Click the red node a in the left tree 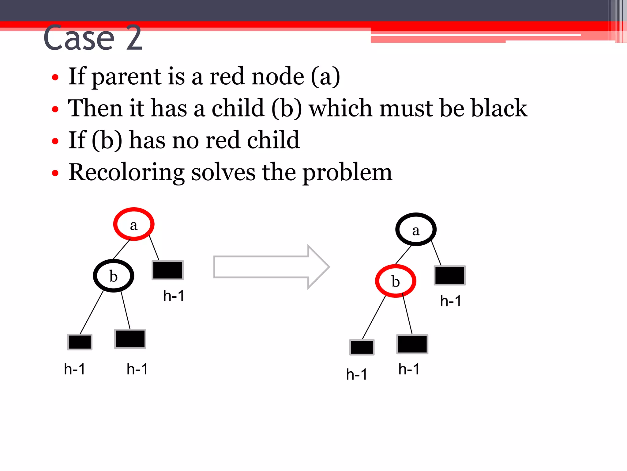[134, 224]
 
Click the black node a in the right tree [416, 229]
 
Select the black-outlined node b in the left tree [114, 276]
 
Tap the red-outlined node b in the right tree [396, 281]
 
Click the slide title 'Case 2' [93, 38]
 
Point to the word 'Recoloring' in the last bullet [126, 172]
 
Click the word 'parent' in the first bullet [126, 77]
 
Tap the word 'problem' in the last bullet [347, 172]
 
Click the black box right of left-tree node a [168, 270]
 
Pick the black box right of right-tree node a [450, 275]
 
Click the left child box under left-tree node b [80, 342]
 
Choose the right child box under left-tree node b [130, 339]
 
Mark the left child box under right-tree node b [362, 347]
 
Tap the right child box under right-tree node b [412, 344]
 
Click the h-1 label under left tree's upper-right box [174, 296]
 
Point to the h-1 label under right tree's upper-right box [450, 301]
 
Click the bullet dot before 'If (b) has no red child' [55, 141]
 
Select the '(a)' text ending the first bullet [325, 77]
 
